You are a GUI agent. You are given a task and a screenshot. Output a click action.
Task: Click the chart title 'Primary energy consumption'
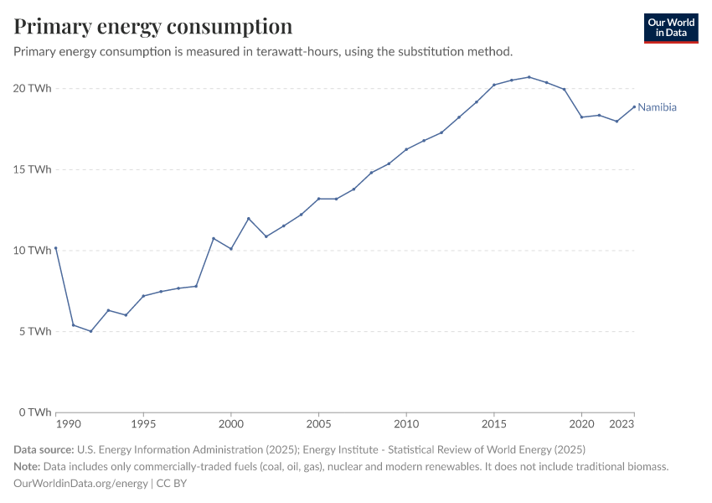point(153,26)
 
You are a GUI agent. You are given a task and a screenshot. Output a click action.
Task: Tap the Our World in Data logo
point(670,28)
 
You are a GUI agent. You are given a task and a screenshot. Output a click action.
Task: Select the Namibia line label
point(657,107)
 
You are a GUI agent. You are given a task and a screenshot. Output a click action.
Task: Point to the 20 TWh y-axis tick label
point(34,88)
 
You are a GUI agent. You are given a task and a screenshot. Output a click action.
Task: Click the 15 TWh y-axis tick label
point(34,169)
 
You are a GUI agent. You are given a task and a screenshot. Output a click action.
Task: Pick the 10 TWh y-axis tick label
point(34,250)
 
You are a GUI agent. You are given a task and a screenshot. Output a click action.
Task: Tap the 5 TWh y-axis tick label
point(36,331)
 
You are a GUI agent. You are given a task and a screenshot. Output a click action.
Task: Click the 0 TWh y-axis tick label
point(36,412)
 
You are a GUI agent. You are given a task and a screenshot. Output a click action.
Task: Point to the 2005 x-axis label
point(318,425)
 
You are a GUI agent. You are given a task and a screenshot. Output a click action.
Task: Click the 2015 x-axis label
point(494,425)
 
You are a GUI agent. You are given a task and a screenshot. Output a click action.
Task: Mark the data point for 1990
point(55,248)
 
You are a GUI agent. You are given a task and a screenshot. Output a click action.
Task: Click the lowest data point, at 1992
point(90,331)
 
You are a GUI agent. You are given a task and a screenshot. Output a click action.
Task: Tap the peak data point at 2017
point(529,77)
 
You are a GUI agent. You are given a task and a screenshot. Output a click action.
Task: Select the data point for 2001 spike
point(249,219)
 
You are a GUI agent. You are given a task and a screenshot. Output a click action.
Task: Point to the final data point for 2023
point(634,106)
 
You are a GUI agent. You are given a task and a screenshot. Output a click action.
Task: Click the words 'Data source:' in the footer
point(44,449)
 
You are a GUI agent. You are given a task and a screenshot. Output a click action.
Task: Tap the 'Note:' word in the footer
point(29,466)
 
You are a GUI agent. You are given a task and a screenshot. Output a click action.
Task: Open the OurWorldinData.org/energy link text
point(81,484)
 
